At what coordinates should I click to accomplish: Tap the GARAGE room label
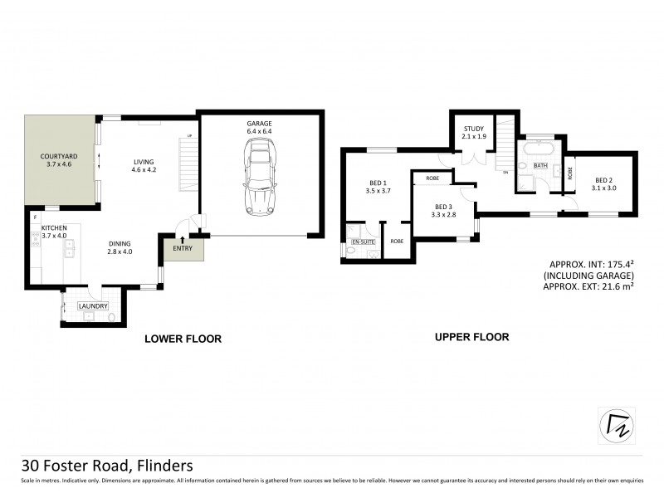(259, 124)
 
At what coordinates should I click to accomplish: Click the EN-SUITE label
(364, 242)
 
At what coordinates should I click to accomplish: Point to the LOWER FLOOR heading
(183, 339)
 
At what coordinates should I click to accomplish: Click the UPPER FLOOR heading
(472, 337)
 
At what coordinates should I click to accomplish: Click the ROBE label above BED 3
(432, 178)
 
